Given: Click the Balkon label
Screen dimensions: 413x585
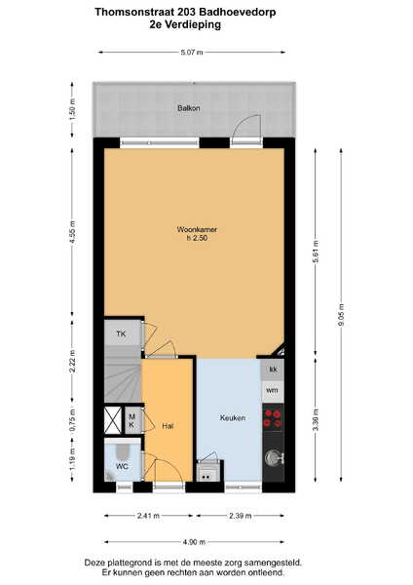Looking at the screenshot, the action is pyautogui.click(x=189, y=108).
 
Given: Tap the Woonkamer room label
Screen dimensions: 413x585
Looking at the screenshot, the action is pyautogui.click(x=197, y=229).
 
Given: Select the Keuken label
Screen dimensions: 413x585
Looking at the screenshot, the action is pyautogui.click(x=233, y=418).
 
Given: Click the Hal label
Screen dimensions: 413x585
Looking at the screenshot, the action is pyautogui.click(x=168, y=426).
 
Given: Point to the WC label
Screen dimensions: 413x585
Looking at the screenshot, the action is pyautogui.click(x=122, y=466).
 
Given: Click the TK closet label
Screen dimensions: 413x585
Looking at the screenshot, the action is pyautogui.click(x=121, y=333).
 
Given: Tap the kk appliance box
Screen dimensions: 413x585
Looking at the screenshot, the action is pyautogui.click(x=273, y=370).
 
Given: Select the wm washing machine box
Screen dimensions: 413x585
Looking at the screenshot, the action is pyautogui.click(x=273, y=391).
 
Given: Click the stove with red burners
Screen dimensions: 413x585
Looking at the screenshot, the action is pyautogui.click(x=273, y=418).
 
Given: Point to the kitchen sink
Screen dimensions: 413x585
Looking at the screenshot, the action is pyautogui.click(x=274, y=457).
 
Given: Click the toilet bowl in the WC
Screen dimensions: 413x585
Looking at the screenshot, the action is pyautogui.click(x=122, y=450).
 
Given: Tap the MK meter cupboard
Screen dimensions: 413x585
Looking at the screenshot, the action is pyautogui.click(x=131, y=420).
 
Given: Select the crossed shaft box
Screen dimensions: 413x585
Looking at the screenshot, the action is pyautogui.click(x=113, y=420).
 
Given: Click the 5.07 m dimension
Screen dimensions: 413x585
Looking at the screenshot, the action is pyautogui.click(x=192, y=53).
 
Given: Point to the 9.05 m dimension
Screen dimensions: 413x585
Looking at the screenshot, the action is pyautogui.click(x=341, y=315).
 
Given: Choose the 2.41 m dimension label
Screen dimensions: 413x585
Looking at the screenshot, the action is pyautogui.click(x=148, y=516).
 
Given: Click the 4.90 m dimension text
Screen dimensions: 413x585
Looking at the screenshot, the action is pyautogui.click(x=194, y=542).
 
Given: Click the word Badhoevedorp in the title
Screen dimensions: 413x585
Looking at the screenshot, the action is pyautogui.click(x=238, y=12).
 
